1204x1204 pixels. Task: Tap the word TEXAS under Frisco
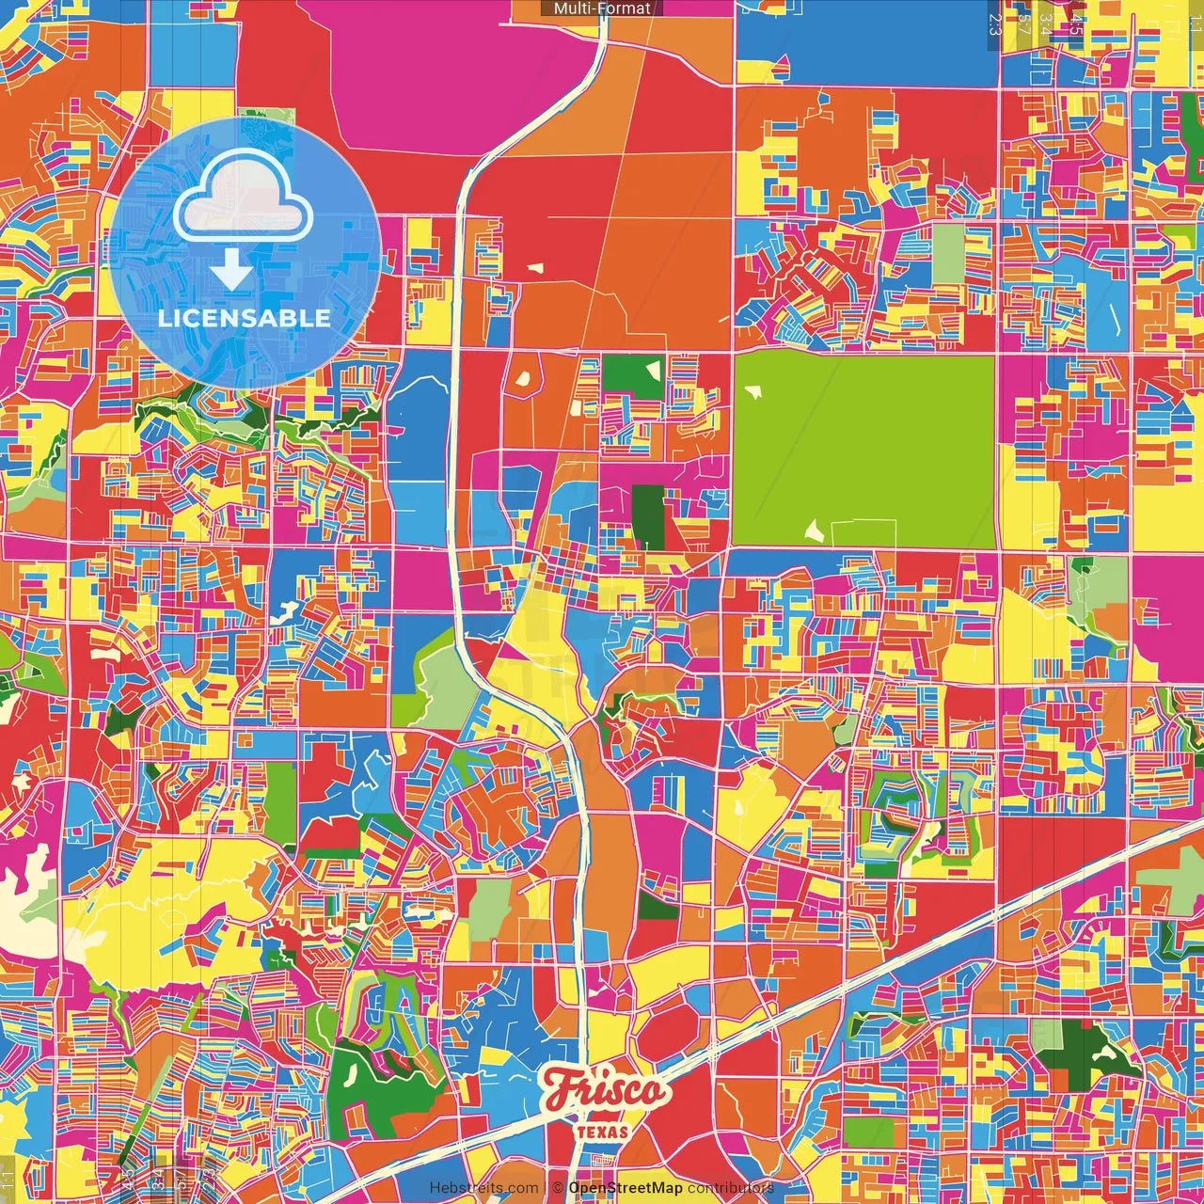coord(603,1132)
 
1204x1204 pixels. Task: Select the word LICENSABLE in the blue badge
coord(244,318)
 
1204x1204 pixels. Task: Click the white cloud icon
coord(244,198)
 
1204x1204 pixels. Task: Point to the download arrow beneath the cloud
coord(230,269)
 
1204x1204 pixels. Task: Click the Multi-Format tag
coord(602,8)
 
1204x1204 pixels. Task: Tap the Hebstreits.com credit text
coord(484,1188)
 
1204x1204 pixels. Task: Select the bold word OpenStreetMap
coord(626,1188)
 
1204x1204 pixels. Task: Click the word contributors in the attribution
coord(731,1188)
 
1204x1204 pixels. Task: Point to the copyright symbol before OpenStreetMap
coord(558,1188)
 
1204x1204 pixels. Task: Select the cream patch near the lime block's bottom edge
coord(814,531)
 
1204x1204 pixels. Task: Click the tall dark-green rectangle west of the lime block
coord(647,516)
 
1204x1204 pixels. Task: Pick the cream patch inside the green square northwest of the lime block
coord(652,369)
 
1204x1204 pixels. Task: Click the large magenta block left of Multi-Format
coord(414,75)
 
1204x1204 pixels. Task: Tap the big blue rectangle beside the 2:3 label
coord(865,42)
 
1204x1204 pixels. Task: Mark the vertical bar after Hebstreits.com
coord(546,1188)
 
